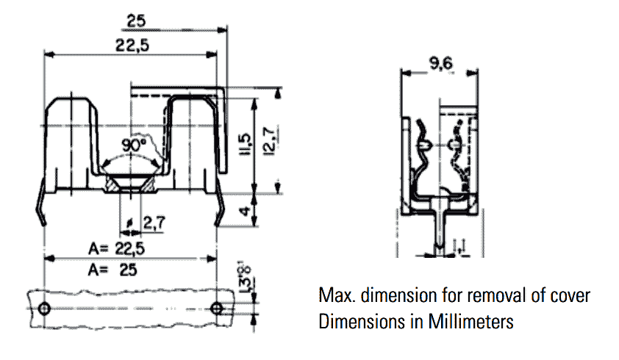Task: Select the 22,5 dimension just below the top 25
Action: [133, 45]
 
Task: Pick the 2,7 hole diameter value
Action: [153, 221]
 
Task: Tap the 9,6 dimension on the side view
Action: [440, 64]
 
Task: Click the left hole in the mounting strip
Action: [45, 308]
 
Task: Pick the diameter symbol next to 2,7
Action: [130, 221]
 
